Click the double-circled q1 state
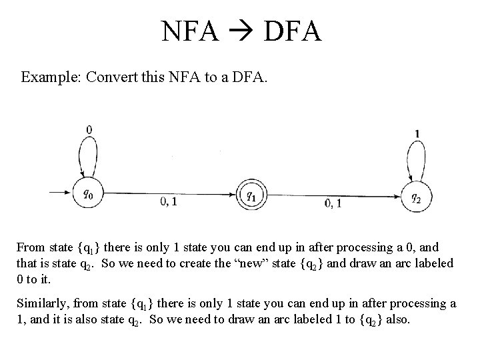251,195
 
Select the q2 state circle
415,196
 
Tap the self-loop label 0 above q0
89,129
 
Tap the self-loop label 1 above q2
417,134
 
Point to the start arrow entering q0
57,194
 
